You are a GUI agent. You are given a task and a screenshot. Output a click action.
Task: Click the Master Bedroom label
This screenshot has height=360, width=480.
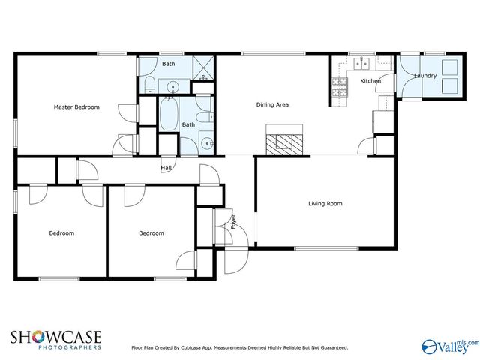(x=76, y=107)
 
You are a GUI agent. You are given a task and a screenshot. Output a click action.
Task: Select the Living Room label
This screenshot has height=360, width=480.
(x=325, y=203)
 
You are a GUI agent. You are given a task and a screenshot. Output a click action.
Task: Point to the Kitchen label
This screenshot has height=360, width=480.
(x=370, y=80)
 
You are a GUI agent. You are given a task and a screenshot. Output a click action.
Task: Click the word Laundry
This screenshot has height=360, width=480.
(x=425, y=76)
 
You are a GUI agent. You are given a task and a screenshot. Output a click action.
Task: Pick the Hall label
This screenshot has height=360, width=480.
(x=166, y=168)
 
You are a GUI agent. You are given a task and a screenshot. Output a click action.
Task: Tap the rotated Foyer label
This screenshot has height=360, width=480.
(x=233, y=223)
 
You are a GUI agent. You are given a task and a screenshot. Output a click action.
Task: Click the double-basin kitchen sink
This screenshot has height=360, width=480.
(x=364, y=64)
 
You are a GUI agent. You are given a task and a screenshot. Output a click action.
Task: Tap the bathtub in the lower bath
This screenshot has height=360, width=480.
(x=169, y=115)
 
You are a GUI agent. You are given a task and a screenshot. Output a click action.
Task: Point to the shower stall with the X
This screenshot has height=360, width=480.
(x=204, y=67)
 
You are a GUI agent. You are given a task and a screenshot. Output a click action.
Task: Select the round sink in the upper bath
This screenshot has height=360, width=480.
(x=171, y=85)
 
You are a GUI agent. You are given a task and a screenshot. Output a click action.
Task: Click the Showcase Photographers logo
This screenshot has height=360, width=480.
(x=56, y=337)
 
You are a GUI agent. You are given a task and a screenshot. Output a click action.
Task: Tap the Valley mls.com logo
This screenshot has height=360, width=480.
(x=449, y=345)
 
